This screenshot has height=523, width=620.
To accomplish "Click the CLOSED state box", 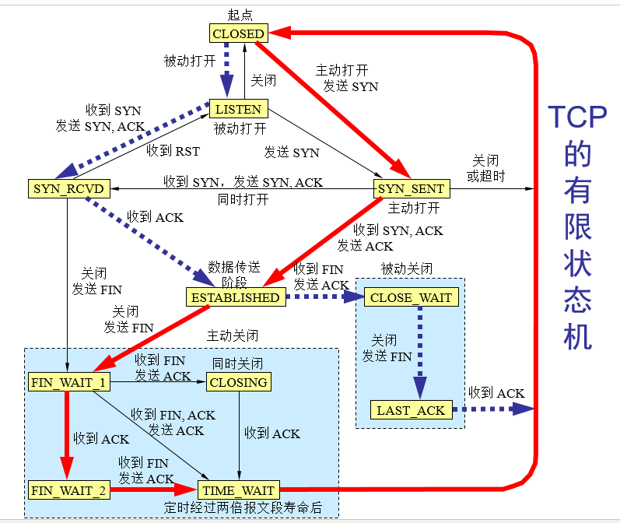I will click(x=239, y=33).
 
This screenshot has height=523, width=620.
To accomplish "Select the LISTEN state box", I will click(x=239, y=108).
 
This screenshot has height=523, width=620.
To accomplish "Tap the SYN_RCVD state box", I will click(x=68, y=188).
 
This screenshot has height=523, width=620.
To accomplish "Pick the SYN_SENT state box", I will click(x=411, y=188).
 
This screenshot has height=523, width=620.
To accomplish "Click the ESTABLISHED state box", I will click(x=234, y=297).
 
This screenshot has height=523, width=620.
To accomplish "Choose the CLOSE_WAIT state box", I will click(x=411, y=297).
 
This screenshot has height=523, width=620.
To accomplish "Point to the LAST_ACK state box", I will click(x=411, y=410).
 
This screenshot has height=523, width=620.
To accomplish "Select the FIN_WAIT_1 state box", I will click(x=68, y=382).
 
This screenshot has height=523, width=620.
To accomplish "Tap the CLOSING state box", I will click(x=239, y=382).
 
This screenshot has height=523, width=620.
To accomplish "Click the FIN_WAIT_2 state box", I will click(x=68, y=490).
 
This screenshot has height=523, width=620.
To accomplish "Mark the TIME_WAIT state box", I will click(x=239, y=490).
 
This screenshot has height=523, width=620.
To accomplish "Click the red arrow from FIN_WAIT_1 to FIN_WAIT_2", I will click(x=68, y=436).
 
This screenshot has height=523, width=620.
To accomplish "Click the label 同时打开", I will click(x=243, y=200).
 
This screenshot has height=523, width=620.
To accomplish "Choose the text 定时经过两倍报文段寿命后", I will click(x=243, y=509).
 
